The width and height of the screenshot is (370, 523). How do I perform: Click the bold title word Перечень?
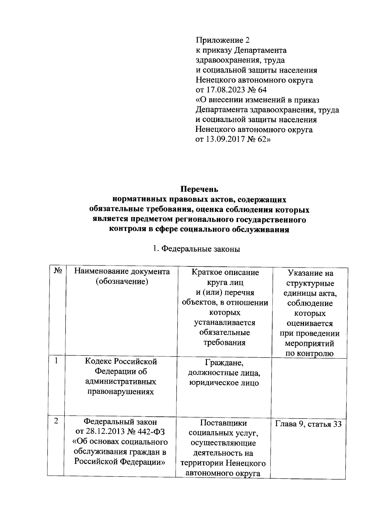pos(199,189)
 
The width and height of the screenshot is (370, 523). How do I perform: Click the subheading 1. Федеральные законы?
pos(197,249)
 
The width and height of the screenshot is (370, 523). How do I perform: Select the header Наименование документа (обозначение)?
pos(122,276)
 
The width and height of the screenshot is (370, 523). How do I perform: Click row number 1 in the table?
pos(57,360)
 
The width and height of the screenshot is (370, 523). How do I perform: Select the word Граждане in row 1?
pos(224,363)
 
